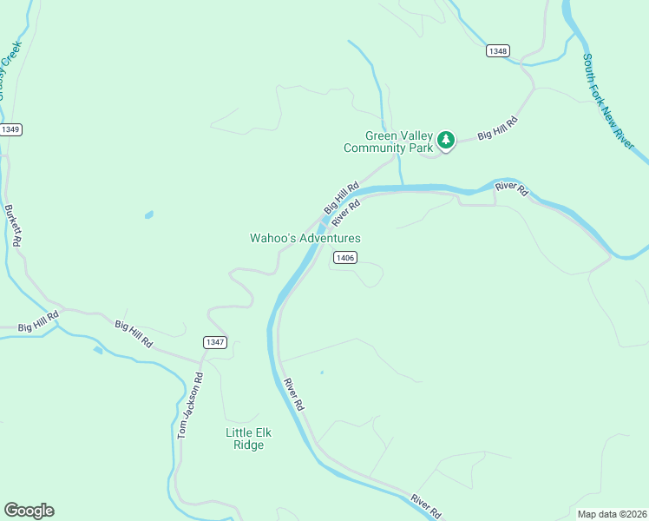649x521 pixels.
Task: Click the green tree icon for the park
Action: (x=446, y=140)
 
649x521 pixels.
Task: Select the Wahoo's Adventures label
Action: (x=305, y=238)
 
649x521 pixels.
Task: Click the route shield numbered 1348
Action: (x=497, y=51)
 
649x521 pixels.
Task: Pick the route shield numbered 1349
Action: (x=10, y=129)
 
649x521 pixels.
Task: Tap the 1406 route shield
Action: (x=344, y=257)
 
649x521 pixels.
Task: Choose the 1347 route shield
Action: (x=214, y=342)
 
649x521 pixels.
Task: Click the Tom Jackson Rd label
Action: (x=190, y=405)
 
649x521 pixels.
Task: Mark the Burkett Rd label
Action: (x=12, y=226)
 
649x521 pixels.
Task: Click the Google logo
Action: (x=29, y=511)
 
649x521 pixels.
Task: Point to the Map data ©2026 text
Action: (x=612, y=514)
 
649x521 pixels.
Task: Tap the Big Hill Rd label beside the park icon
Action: (x=498, y=129)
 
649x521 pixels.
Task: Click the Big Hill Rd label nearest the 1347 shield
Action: (x=134, y=334)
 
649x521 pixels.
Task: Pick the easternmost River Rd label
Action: (x=511, y=188)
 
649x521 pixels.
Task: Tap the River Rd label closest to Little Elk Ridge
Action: (x=293, y=394)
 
